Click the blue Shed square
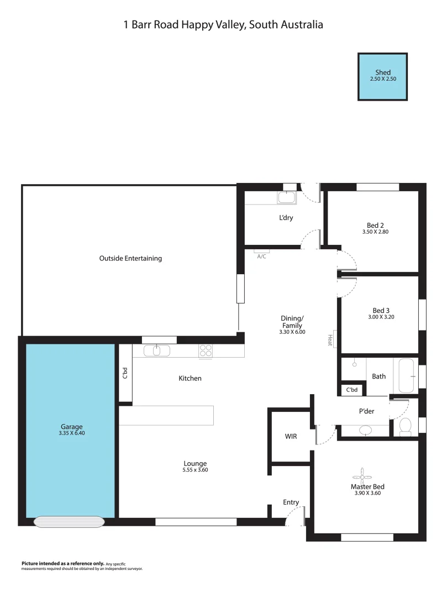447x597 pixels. (x=382, y=76)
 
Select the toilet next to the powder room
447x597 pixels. (x=405, y=426)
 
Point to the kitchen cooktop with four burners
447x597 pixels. (x=206, y=350)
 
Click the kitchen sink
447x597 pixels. (x=157, y=350)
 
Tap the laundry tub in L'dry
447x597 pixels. (x=286, y=197)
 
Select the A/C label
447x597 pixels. (x=261, y=256)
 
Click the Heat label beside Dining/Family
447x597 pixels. (x=330, y=340)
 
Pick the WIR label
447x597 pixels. (x=291, y=436)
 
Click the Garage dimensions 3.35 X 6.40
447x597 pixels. (x=72, y=433)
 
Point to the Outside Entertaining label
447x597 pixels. (x=130, y=258)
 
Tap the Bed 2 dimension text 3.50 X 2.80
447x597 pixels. (x=375, y=232)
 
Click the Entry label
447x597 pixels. (x=291, y=502)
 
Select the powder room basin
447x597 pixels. (x=365, y=430)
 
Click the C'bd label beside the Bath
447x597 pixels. (x=352, y=390)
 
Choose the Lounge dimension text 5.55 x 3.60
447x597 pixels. (x=196, y=470)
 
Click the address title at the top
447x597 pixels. (x=223, y=25)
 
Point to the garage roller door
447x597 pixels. (x=69, y=521)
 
